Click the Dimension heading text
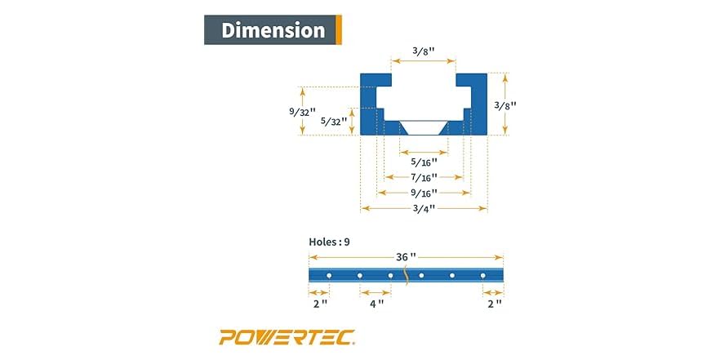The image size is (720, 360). (273, 30)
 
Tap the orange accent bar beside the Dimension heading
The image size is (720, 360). (338, 30)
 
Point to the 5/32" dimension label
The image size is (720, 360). (333, 121)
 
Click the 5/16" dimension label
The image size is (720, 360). (423, 162)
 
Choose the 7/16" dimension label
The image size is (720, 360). (423, 177)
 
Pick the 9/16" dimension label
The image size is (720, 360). (423, 193)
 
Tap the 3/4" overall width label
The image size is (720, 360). (423, 209)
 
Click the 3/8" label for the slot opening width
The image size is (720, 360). (423, 51)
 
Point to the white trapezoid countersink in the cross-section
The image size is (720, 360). (423, 127)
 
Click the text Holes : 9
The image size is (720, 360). (329, 242)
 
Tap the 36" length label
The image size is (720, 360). (406, 256)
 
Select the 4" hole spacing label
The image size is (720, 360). (376, 304)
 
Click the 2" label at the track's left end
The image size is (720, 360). (319, 304)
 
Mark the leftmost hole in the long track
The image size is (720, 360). (329, 276)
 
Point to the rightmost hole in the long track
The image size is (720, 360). (482, 276)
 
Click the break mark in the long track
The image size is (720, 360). (406, 276)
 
